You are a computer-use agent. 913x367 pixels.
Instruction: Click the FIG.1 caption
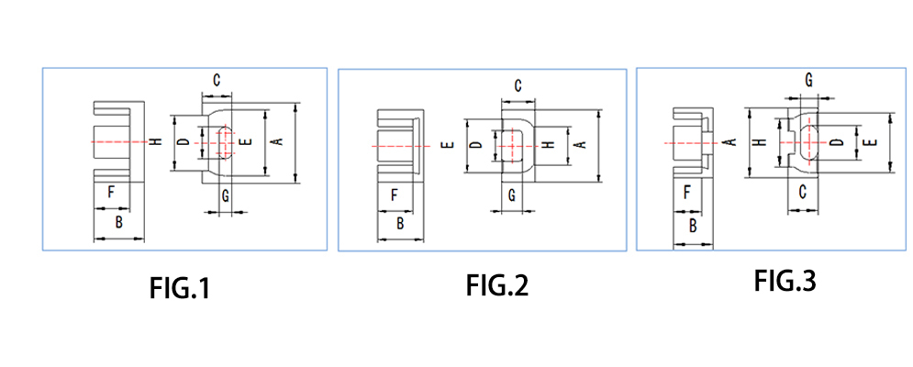click(180, 290)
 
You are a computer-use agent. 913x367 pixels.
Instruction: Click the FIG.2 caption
click(496, 286)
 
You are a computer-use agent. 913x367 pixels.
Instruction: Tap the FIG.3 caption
click(785, 281)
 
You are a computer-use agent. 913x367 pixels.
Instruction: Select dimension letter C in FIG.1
click(217, 81)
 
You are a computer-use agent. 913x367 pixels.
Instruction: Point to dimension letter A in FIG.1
click(275, 141)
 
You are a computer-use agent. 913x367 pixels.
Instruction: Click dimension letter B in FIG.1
click(118, 223)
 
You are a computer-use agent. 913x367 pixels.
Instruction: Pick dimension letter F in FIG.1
click(110, 193)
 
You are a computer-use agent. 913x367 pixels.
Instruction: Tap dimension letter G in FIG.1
click(225, 195)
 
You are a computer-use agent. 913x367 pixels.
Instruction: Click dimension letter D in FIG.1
click(184, 142)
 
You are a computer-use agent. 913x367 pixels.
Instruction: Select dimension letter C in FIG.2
click(518, 86)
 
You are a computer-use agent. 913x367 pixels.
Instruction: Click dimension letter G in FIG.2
click(512, 195)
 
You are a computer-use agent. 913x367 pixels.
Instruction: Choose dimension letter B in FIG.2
click(400, 223)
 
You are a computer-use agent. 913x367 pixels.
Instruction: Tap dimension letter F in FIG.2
click(394, 195)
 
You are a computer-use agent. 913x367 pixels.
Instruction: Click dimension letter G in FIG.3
click(808, 81)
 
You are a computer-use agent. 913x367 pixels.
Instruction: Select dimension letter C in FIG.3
click(801, 192)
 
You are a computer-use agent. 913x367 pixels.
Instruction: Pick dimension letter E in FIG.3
click(873, 141)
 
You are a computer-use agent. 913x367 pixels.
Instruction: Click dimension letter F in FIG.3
click(687, 192)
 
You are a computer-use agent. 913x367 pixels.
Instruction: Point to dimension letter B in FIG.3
click(693, 225)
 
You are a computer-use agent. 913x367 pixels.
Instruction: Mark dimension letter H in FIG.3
click(759, 142)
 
